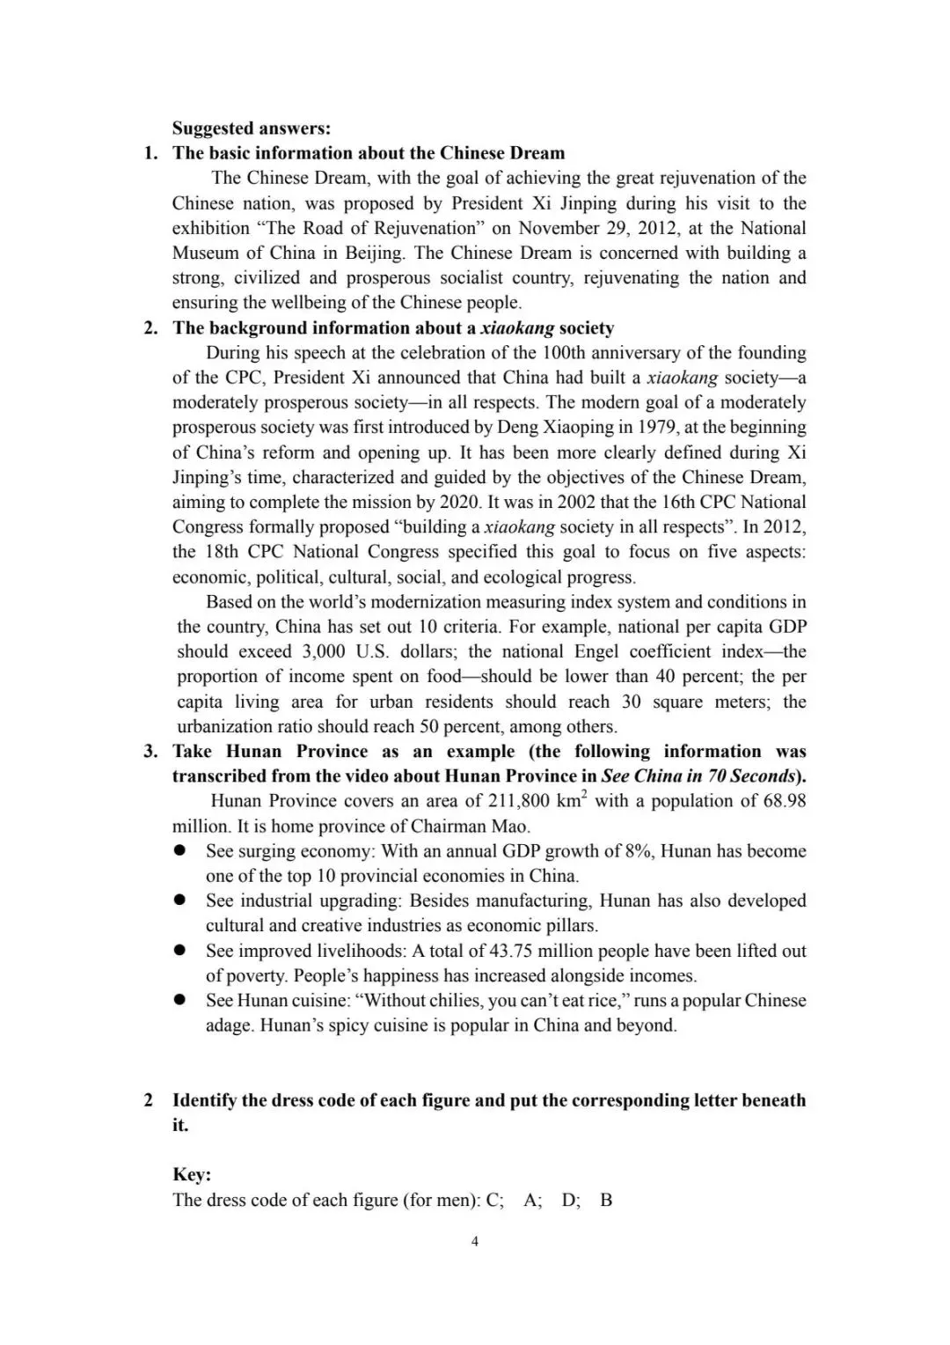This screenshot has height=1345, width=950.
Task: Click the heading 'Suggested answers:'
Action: point(251,129)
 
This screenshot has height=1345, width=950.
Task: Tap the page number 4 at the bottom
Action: point(475,1242)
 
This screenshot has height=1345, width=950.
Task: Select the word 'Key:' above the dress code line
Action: point(192,1174)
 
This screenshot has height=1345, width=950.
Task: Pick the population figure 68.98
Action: point(782,801)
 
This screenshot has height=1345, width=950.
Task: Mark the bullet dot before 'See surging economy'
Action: point(179,851)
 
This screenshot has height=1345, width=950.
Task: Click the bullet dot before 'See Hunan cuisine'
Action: point(179,1000)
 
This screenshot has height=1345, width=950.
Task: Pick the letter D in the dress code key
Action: point(569,1200)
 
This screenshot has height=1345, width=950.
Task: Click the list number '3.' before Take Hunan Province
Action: point(151,752)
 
